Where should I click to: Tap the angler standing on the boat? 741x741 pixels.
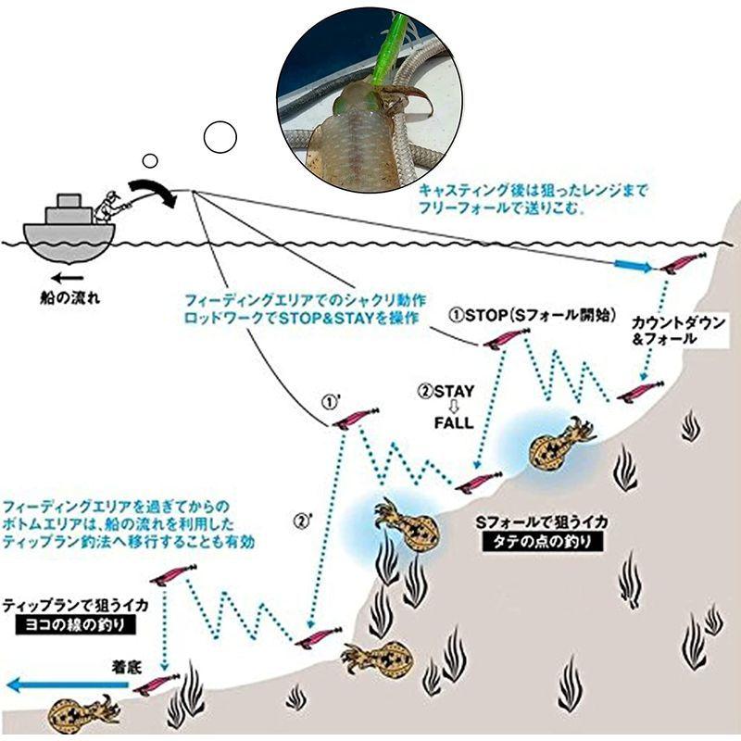111,206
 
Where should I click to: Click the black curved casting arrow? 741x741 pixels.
152,189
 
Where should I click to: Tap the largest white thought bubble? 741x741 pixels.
220,137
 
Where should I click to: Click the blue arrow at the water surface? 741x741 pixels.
634,267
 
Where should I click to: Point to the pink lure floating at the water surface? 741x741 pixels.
683,262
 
